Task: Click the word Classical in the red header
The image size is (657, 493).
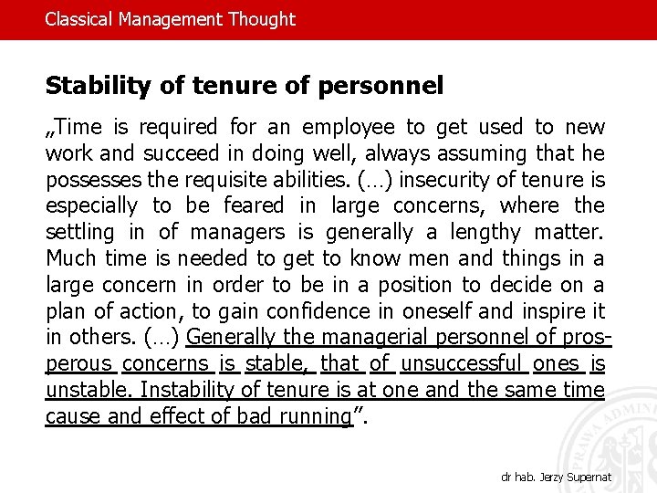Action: click(79, 19)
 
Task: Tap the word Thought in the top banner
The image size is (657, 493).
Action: click(261, 19)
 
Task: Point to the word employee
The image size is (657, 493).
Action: click(349, 127)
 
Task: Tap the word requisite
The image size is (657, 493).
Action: click(216, 179)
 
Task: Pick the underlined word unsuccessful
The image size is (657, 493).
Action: click(464, 363)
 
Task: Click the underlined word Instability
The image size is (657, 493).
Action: click(189, 390)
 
